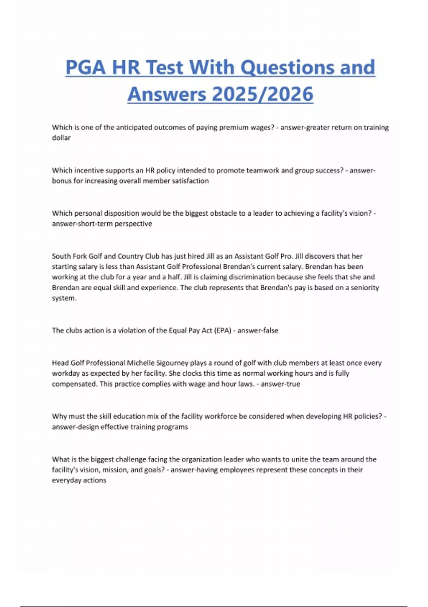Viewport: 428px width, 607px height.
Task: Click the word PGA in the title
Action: click(x=86, y=67)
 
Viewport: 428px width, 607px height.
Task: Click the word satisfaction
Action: click(x=190, y=181)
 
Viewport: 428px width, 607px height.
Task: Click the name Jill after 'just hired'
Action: click(x=210, y=256)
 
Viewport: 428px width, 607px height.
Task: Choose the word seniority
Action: click(x=365, y=288)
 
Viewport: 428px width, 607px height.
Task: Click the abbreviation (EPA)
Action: click(x=223, y=331)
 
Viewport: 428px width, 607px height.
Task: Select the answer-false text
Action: click(x=258, y=331)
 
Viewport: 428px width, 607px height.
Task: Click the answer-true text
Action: click(x=280, y=384)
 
